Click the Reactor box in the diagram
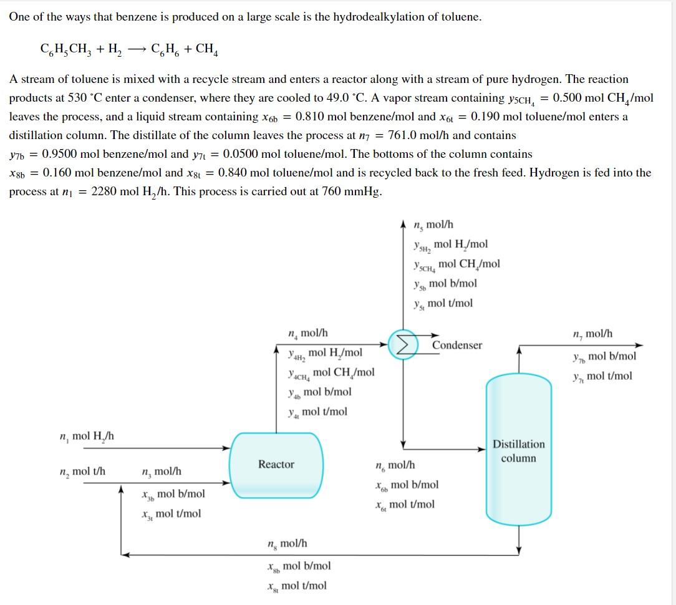pyautogui.click(x=277, y=465)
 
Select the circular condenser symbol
pyautogui.click(x=403, y=344)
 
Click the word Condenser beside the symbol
pyautogui.click(x=457, y=346)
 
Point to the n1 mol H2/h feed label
pyautogui.click(x=87, y=436)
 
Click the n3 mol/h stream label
pyautogui.click(x=162, y=471)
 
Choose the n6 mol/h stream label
pyautogui.click(x=395, y=465)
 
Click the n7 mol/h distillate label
pyautogui.click(x=592, y=334)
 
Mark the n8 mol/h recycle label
pyautogui.click(x=287, y=543)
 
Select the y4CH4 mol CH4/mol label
pyautogui.click(x=331, y=372)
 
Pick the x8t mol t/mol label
pyautogui.click(x=296, y=586)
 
